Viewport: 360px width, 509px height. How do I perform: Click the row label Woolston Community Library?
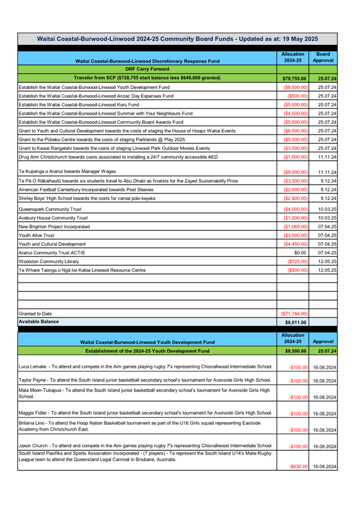49,262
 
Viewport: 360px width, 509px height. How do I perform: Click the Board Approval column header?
323,57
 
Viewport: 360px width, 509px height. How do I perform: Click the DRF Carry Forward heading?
147,69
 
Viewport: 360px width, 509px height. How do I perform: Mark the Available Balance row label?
39,322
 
